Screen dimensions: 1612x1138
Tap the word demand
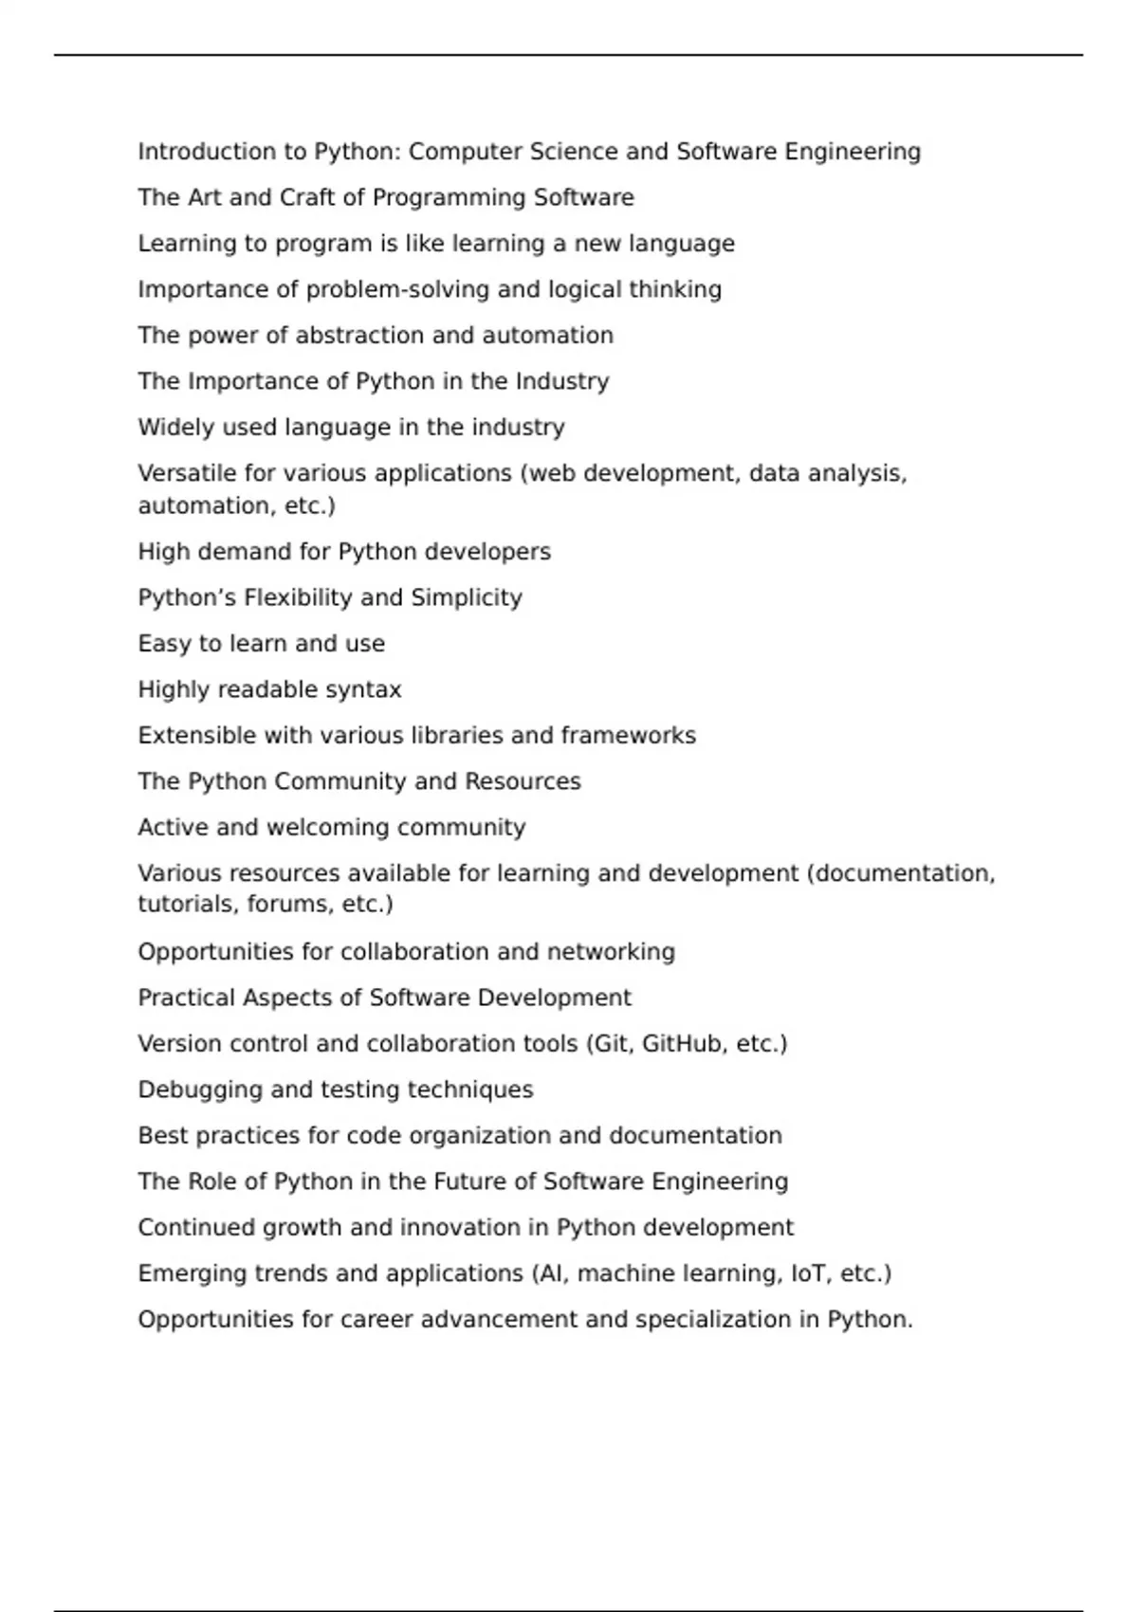tap(244, 552)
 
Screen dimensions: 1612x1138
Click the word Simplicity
tap(466, 598)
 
